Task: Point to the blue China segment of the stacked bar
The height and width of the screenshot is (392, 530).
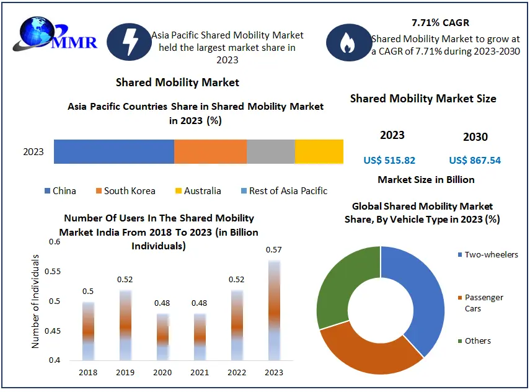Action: pyautogui.click(x=113, y=152)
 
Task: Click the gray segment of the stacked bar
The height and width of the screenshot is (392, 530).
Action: pyautogui.click(x=270, y=152)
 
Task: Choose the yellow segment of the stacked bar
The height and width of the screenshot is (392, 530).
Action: pyautogui.click(x=319, y=152)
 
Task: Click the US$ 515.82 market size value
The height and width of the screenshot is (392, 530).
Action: pyautogui.click(x=389, y=161)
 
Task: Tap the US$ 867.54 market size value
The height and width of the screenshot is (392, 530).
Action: pyautogui.click(x=475, y=161)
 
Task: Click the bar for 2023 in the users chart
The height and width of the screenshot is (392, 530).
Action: pyautogui.click(x=274, y=310)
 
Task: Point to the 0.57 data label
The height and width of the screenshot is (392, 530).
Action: pyautogui.click(x=274, y=250)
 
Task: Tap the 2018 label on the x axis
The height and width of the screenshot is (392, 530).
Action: pyautogui.click(x=88, y=372)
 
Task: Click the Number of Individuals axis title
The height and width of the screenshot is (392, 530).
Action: pyautogui.click(x=35, y=300)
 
